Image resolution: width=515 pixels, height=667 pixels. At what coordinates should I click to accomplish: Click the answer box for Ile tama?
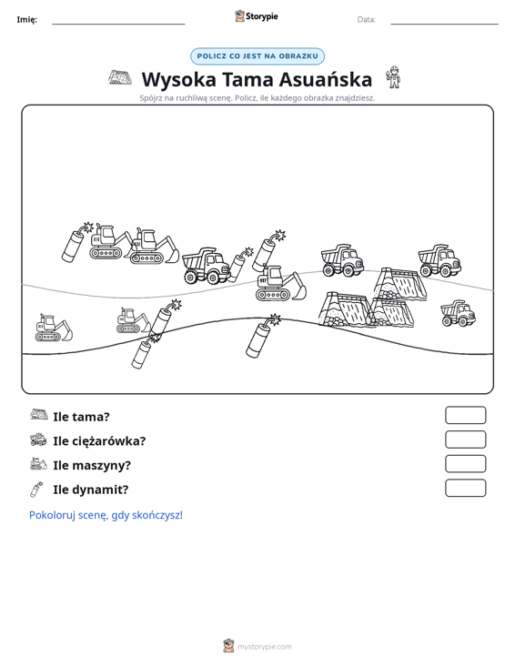[x=465, y=415]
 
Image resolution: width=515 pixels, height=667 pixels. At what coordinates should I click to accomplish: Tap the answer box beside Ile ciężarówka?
[x=465, y=440]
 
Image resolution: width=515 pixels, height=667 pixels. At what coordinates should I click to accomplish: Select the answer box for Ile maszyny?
[x=465, y=464]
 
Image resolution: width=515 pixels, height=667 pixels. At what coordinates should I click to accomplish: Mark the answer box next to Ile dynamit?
[x=465, y=488]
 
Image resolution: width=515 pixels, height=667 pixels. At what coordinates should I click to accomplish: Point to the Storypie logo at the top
[x=257, y=16]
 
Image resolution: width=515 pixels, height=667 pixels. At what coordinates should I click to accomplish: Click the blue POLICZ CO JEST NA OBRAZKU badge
[x=257, y=56]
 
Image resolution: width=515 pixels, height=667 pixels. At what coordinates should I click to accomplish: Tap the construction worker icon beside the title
[x=394, y=77]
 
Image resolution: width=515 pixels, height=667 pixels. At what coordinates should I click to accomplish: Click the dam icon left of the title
[x=120, y=77]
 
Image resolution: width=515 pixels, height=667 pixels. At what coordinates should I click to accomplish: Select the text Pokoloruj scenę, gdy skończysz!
[x=106, y=515]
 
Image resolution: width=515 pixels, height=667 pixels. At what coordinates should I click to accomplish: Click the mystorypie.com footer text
[x=264, y=647]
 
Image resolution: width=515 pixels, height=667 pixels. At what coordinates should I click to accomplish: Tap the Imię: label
[x=26, y=20]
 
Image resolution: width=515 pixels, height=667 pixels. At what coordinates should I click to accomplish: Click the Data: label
[x=366, y=20]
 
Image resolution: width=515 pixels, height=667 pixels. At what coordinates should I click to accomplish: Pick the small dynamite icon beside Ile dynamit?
[x=36, y=490]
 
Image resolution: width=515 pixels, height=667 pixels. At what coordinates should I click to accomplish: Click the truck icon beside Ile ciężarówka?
[x=38, y=440]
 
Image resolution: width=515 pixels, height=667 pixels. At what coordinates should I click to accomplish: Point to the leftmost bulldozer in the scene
[x=54, y=328]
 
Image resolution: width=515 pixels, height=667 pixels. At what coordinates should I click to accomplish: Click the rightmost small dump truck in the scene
[x=458, y=313]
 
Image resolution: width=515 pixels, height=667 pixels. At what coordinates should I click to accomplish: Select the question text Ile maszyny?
[x=92, y=465]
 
